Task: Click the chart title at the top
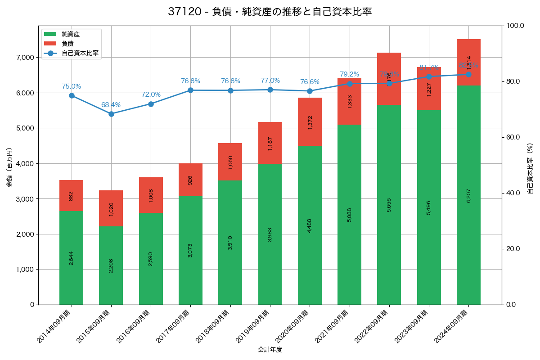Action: click(x=270, y=12)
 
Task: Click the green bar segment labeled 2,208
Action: click(x=111, y=265)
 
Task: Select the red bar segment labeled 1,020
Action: click(x=111, y=208)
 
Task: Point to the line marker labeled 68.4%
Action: click(x=111, y=114)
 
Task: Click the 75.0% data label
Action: click(x=71, y=86)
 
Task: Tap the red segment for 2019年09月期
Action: click(x=270, y=143)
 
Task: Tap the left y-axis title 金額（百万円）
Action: click(x=9, y=167)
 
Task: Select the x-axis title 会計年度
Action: click(x=270, y=350)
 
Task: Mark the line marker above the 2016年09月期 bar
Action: click(x=151, y=104)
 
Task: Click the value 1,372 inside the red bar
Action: click(x=310, y=122)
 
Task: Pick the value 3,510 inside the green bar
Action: click(x=230, y=243)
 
